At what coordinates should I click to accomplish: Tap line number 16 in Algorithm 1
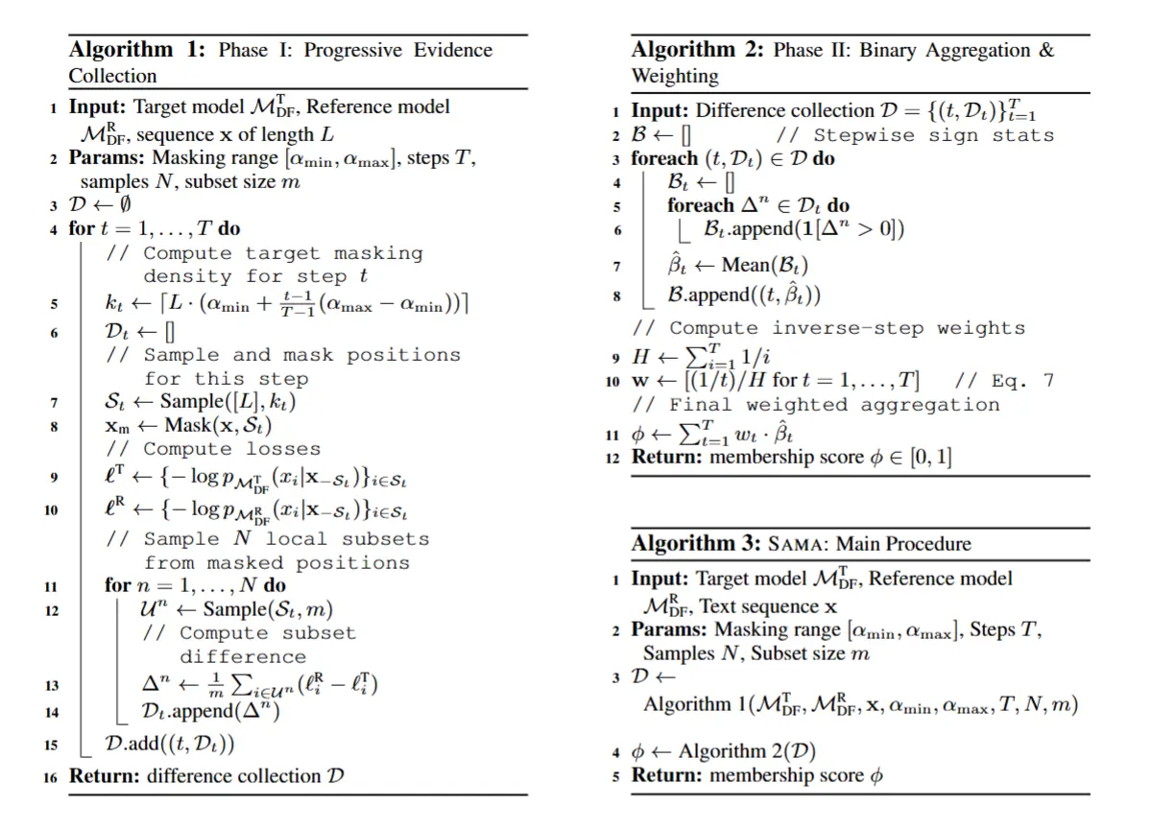click(x=51, y=777)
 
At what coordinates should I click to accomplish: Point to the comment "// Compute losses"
click(x=213, y=449)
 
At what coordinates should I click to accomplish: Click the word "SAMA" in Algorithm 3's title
click(x=799, y=544)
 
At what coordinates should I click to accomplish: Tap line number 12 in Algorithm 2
click(x=615, y=458)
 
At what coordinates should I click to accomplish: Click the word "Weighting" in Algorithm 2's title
click(x=675, y=76)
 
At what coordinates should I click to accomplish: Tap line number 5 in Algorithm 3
click(x=616, y=776)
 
